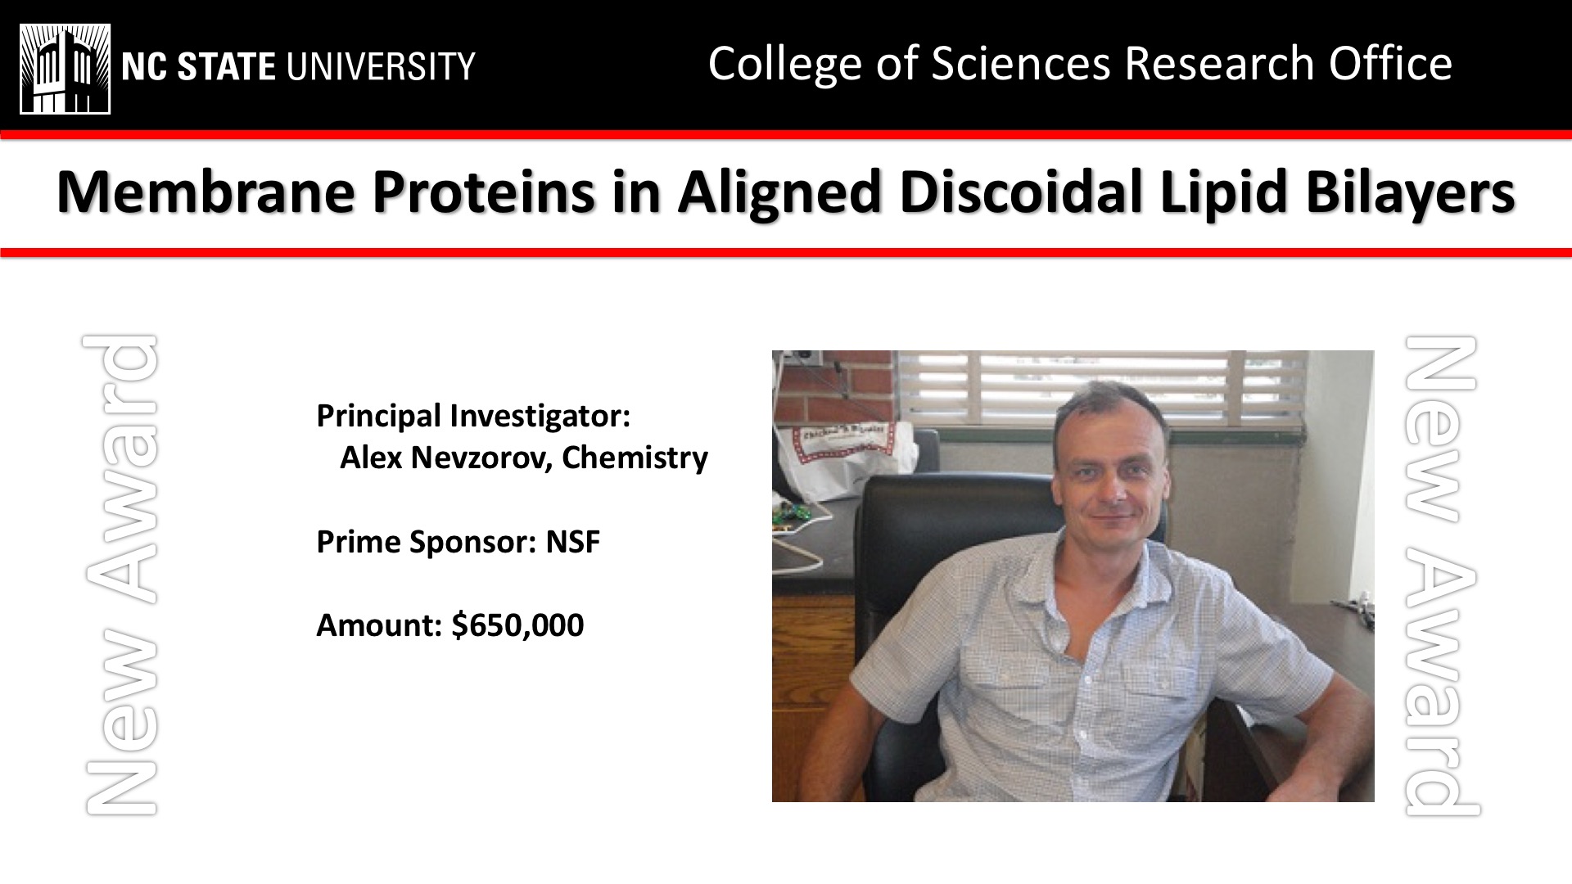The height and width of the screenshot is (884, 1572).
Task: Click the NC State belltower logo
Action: click(x=65, y=69)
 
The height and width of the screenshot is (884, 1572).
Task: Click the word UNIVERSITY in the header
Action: click(x=380, y=66)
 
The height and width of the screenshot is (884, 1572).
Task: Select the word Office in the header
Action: click(x=1390, y=63)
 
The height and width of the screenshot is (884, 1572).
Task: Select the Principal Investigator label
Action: click(x=473, y=417)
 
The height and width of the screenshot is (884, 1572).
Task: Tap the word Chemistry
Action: click(x=635, y=458)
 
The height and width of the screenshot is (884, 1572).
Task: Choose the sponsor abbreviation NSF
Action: click(x=573, y=542)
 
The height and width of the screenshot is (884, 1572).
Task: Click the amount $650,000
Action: click(x=517, y=625)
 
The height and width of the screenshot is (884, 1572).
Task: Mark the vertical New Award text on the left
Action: click(x=120, y=575)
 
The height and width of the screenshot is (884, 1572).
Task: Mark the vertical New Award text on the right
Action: click(x=1442, y=575)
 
